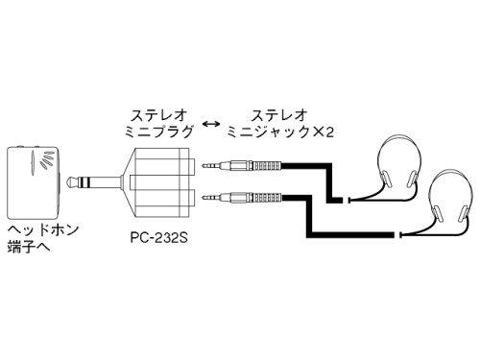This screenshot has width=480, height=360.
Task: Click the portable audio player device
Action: pos(33,180)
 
